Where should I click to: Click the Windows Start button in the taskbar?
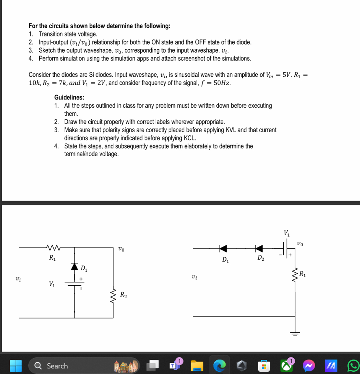click(16, 366)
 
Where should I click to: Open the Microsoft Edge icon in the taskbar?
click(219, 366)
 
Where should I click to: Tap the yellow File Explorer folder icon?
click(197, 366)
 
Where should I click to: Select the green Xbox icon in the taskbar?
click(286, 366)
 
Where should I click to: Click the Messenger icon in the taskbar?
click(309, 366)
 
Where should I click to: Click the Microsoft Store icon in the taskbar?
click(264, 366)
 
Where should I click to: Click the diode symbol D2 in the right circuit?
click(259, 249)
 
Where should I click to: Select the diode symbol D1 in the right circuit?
click(223, 249)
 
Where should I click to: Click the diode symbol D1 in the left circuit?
click(75, 266)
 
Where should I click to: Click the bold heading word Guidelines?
click(69, 97)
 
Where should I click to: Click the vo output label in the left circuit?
click(121, 249)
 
